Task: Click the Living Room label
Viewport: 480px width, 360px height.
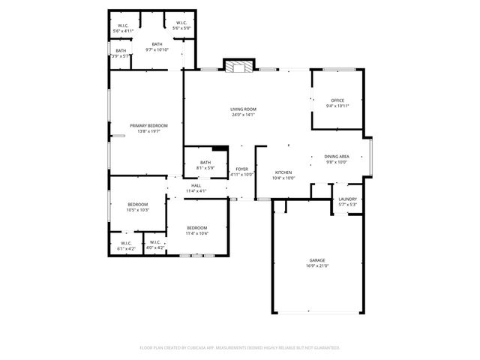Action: click(243, 112)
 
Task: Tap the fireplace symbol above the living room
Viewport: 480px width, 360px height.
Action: click(239, 66)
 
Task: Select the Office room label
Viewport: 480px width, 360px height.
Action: click(337, 103)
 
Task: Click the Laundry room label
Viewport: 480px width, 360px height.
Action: click(347, 202)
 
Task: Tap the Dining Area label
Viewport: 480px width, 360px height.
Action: click(336, 159)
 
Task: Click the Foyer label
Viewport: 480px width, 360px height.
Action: click(241, 172)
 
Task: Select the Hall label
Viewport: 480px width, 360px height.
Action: click(196, 188)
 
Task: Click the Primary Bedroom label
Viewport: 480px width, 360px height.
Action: click(148, 128)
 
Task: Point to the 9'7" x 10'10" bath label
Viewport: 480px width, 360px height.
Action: click(157, 47)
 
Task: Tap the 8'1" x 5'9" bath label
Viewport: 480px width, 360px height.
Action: click(205, 165)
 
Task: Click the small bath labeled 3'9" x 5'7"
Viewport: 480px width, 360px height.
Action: click(121, 53)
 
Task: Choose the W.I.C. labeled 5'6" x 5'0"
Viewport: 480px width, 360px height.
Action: click(181, 25)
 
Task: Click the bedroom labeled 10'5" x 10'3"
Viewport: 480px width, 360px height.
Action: click(137, 207)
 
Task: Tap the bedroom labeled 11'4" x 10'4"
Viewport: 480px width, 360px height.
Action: click(196, 230)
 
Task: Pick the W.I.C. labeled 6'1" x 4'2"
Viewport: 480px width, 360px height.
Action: click(125, 245)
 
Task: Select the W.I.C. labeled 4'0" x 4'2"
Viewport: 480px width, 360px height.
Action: click(154, 245)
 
